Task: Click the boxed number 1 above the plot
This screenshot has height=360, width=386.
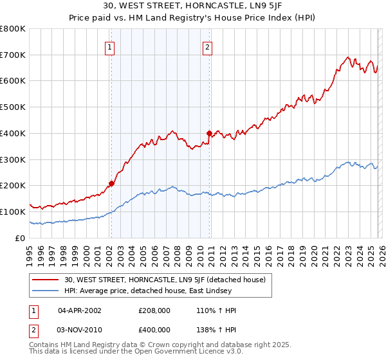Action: pyautogui.click(x=111, y=47)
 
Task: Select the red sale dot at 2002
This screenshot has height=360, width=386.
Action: pyautogui.click(x=111, y=183)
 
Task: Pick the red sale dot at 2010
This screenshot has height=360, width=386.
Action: pyautogui.click(x=209, y=133)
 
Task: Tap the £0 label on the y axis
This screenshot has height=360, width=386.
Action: pyautogui.click(x=19, y=238)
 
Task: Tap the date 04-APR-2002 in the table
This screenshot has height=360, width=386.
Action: pyautogui.click(x=80, y=310)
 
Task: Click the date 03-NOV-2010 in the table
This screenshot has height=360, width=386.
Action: pyautogui.click(x=80, y=330)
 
